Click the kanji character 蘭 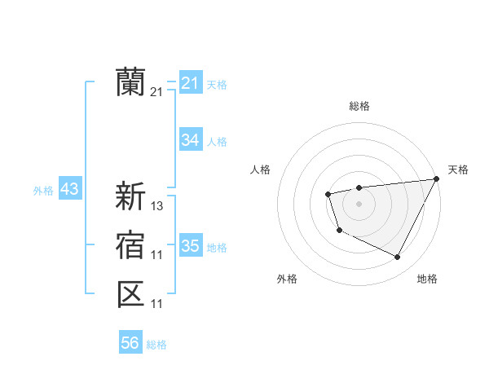pyautogui.click(x=130, y=82)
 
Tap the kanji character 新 pyautogui.click(x=130, y=196)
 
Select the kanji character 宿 pyautogui.click(x=130, y=245)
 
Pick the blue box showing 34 pyautogui.click(x=190, y=140)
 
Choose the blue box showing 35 pyautogui.click(x=190, y=246)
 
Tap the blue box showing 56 pyautogui.click(x=130, y=343)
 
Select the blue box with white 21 pyautogui.click(x=190, y=83)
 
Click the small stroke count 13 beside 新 pyautogui.click(x=157, y=206)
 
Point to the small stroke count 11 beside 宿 pyautogui.click(x=157, y=255)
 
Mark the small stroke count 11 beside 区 pyautogui.click(x=157, y=304)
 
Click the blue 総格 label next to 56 pyautogui.click(x=156, y=345)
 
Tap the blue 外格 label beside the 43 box pyautogui.click(x=43, y=191)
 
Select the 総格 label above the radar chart pyautogui.click(x=359, y=106)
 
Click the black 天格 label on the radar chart pyautogui.click(x=458, y=169)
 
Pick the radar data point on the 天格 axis pyautogui.click(x=437, y=179)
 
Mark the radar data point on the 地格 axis pyautogui.click(x=398, y=258)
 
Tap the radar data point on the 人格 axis pyautogui.click(x=328, y=194)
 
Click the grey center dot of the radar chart pyautogui.click(x=359, y=204)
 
